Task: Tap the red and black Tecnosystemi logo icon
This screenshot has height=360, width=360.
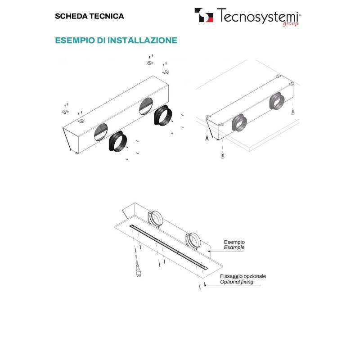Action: click(204, 16)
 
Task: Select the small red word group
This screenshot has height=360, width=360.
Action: click(290, 24)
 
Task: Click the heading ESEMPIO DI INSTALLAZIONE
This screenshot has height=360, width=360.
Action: click(116, 40)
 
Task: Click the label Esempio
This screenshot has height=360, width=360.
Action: click(234, 242)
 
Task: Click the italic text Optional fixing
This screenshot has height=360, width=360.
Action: click(237, 282)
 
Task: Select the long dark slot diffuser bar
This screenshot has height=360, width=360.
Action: click(171, 247)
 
